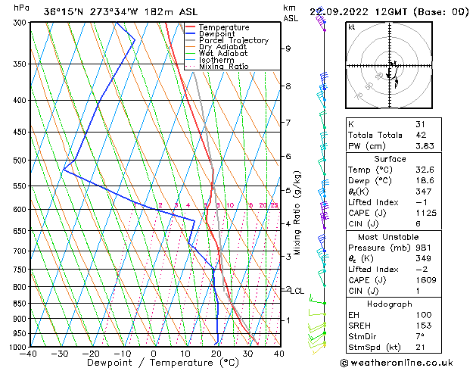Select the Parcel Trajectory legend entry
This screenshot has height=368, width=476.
(234, 41)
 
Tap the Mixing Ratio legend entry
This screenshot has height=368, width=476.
(226, 67)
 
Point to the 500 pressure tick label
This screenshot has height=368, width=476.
(19, 161)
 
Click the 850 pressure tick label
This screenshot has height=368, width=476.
(19, 303)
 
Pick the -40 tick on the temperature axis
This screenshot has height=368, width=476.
(29, 354)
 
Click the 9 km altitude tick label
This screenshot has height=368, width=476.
(288, 48)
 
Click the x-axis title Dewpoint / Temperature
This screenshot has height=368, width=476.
(154, 363)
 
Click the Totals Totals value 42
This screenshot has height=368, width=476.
(421, 135)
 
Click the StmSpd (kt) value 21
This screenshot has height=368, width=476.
(421, 347)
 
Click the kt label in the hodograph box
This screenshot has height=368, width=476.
(351, 27)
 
